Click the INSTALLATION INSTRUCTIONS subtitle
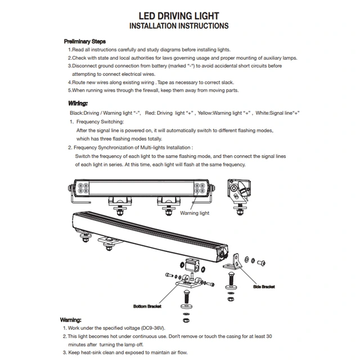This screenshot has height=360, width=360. (178, 26)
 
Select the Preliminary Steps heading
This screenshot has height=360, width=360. (85, 42)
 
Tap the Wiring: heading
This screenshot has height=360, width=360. (78, 103)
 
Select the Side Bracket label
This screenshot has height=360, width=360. (264, 287)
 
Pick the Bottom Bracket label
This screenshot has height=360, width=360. (147, 307)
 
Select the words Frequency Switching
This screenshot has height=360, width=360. (100, 121)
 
